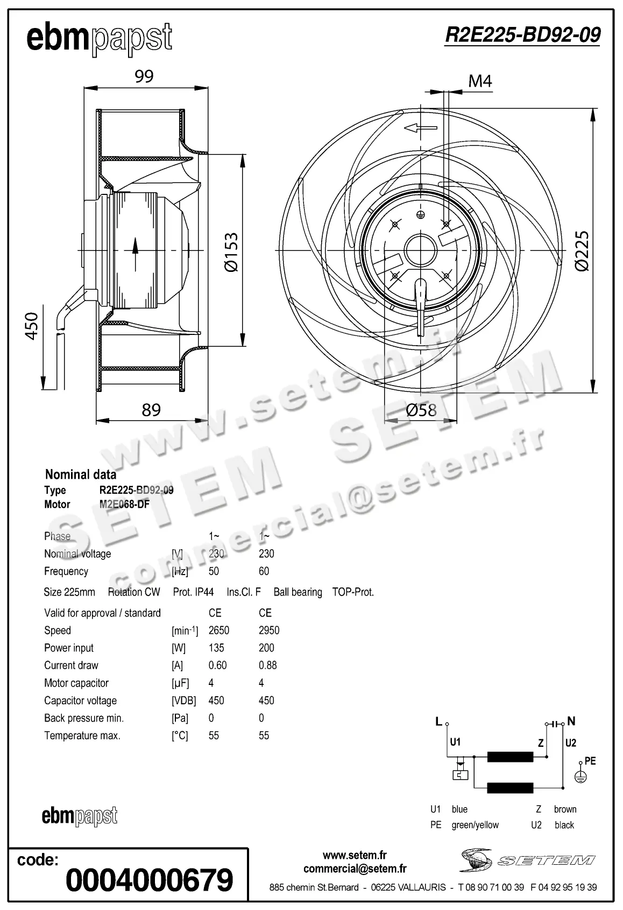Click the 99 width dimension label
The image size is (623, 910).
(x=144, y=76)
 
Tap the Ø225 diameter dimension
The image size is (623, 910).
(x=582, y=250)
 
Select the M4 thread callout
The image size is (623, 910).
(x=480, y=81)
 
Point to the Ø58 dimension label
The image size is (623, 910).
(x=421, y=410)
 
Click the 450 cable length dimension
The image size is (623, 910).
(x=32, y=325)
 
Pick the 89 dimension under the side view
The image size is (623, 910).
(x=151, y=410)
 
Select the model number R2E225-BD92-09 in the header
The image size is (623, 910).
(x=522, y=35)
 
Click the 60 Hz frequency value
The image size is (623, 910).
(x=264, y=571)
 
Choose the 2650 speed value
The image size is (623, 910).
(x=219, y=631)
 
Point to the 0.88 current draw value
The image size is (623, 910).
(x=268, y=666)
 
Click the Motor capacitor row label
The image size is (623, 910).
(x=76, y=683)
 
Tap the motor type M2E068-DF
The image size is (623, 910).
(x=124, y=505)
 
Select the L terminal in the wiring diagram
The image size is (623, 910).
(x=439, y=722)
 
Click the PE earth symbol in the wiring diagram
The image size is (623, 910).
(x=580, y=776)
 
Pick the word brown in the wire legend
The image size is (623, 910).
(x=565, y=809)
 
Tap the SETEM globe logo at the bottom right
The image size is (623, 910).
(x=476, y=860)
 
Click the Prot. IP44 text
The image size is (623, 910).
(x=193, y=592)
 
